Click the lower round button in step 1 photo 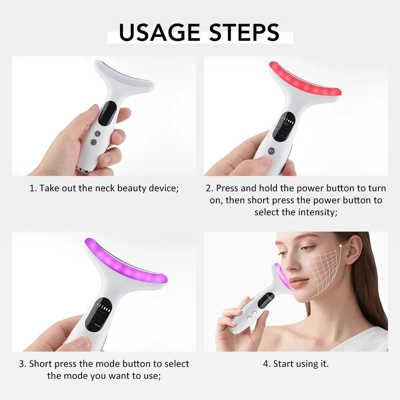(94, 142)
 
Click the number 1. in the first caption (33, 188)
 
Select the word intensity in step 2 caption (317, 212)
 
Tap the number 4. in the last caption (267, 364)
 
